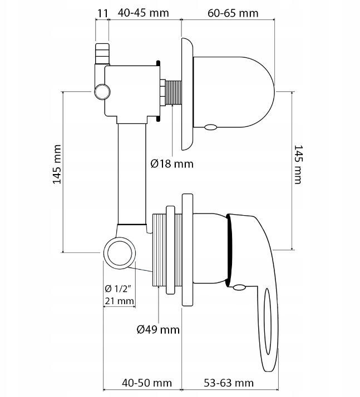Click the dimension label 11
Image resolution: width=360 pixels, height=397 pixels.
(101, 12)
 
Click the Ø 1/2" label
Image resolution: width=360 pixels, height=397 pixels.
(117, 289)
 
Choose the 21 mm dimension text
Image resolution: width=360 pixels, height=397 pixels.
(119, 301)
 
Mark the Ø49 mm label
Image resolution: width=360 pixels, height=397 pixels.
(159, 330)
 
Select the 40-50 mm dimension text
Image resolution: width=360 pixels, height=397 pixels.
(146, 383)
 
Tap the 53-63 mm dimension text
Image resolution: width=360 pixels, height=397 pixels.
(228, 383)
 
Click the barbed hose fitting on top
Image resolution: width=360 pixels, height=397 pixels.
(102, 53)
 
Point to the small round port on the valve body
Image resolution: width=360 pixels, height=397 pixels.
(101, 91)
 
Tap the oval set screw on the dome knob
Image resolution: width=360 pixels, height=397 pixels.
(210, 127)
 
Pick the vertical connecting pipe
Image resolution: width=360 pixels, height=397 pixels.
(132, 172)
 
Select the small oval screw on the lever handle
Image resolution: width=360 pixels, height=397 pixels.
(239, 287)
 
